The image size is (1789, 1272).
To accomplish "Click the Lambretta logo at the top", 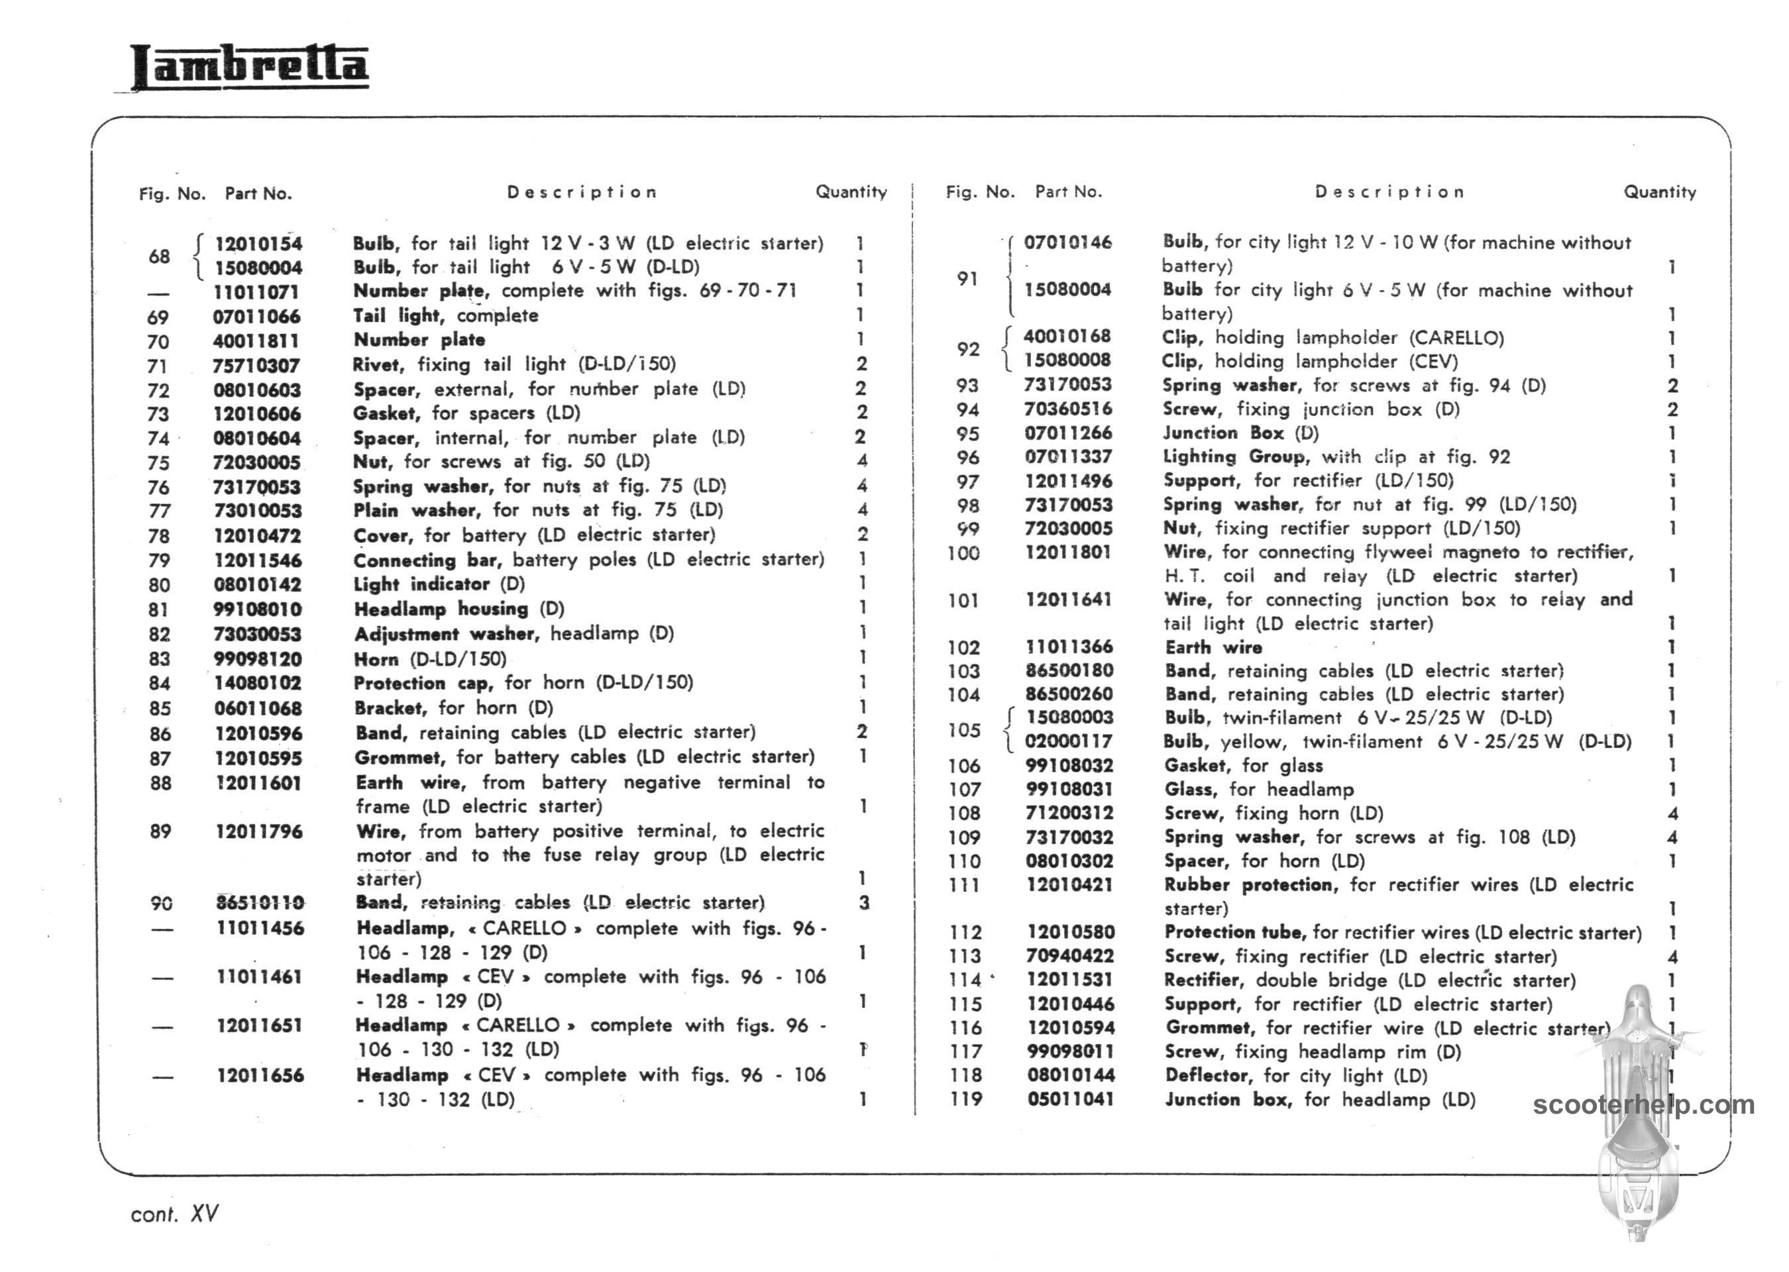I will point(249,66).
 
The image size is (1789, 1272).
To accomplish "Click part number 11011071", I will point(256,292).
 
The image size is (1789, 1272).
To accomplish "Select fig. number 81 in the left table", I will point(159,609).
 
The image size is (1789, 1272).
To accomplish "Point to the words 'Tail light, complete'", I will point(446,315).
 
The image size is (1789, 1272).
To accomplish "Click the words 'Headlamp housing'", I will point(441,609).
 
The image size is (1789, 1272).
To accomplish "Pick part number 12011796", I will point(259,831).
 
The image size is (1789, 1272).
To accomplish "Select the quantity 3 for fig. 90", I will point(863,902).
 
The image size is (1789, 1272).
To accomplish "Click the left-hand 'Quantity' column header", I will point(851,192).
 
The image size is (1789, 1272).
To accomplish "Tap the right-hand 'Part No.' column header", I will point(1068,192).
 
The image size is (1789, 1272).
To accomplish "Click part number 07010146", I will point(1067,242).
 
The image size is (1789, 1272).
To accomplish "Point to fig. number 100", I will point(963,553).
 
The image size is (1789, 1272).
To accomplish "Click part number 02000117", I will point(1069,741).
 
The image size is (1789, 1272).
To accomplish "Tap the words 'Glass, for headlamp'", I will point(1259,789).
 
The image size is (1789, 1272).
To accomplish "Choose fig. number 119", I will point(966,1099).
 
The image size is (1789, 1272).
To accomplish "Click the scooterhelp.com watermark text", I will point(1643,1104).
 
